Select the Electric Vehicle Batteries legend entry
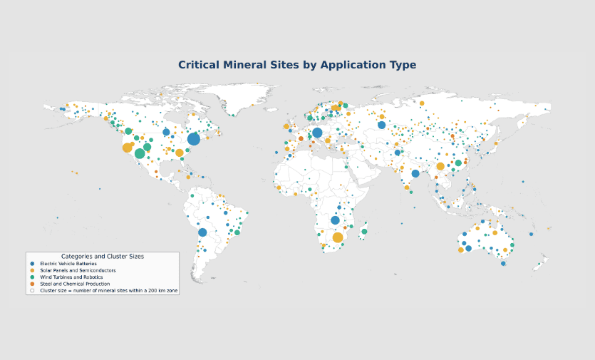[x=68, y=264]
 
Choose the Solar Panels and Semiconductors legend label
[x=78, y=270]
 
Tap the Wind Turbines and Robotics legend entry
[x=71, y=277]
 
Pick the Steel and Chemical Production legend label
[x=75, y=284]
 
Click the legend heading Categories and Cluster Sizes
[x=103, y=257]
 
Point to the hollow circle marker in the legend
[x=32, y=291]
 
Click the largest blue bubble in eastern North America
[x=194, y=139]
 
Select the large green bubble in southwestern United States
[x=140, y=153]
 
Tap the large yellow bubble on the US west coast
[x=128, y=148]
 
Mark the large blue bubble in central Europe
[x=317, y=133]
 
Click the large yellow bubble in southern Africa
[x=338, y=237]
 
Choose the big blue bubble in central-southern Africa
[x=335, y=220]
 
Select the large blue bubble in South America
[x=202, y=232]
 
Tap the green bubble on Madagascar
[x=364, y=232]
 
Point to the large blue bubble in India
[x=415, y=173]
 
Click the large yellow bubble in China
[x=440, y=166]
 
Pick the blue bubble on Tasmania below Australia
[x=503, y=264]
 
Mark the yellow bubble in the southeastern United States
[x=180, y=153]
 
